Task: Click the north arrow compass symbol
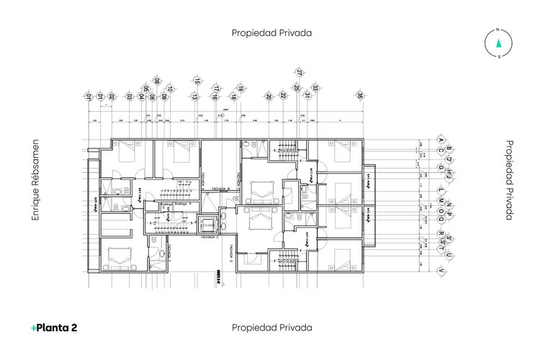498,43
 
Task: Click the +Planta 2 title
54,328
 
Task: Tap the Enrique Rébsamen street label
35,180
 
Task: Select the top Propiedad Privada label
271,32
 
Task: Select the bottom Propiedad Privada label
271,328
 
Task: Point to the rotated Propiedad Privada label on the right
509,180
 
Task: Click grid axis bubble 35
360,95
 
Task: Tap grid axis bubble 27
300,72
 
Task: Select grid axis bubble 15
197,81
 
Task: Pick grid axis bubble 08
156,81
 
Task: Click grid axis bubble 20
269,96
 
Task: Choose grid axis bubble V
440,270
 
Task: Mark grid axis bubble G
440,168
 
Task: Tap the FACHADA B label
220,189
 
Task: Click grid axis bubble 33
315,88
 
